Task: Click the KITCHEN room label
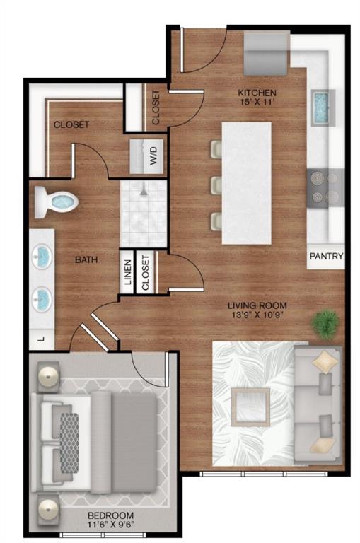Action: tap(257, 93)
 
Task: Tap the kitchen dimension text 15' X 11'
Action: tap(257, 103)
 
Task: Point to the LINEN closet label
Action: tap(128, 271)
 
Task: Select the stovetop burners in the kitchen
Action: tap(326, 187)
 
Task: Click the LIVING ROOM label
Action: tap(257, 306)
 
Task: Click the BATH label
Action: tap(86, 259)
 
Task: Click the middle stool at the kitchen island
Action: tap(216, 185)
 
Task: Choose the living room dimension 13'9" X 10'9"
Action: tap(257, 317)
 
